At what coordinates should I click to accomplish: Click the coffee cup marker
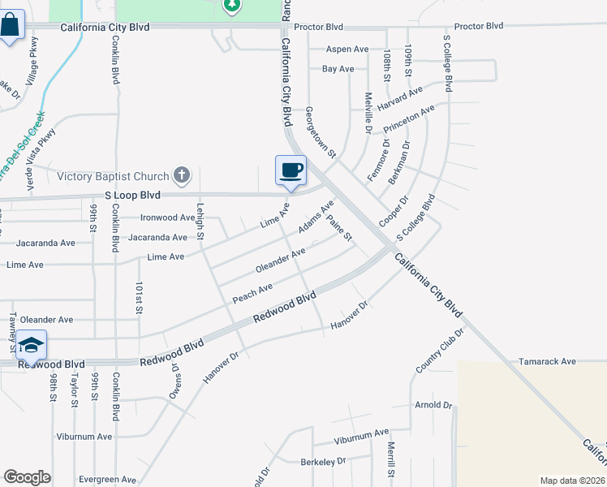(291, 170)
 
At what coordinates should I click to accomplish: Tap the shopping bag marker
(11, 27)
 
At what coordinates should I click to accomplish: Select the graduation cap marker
(31, 346)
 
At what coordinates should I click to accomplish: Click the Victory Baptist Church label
(112, 176)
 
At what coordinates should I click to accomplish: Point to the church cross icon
(182, 175)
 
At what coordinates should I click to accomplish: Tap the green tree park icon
(232, 6)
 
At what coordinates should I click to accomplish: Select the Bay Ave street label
(338, 69)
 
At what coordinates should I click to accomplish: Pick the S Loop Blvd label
(132, 196)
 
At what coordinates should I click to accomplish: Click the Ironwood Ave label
(168, 218)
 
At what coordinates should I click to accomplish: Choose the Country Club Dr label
(439, 351)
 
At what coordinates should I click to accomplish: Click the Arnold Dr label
(433, 404)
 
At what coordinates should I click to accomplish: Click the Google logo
(27, 477)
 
